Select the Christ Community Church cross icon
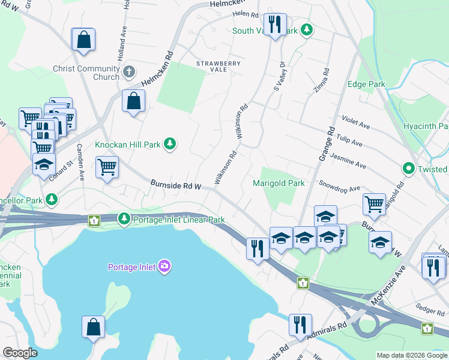coord(128,73)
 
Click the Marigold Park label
coord(279,183)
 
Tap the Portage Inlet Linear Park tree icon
coord(124,219)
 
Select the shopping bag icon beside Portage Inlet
coord(94,327)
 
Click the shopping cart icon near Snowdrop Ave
coord(374,204)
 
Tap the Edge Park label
coord(366,85)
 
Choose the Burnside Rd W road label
coord(175,185)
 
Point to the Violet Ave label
coord(355,122)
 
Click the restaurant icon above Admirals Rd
coord(300,325)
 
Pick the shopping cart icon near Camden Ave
coord(107,167)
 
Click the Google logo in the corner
coord(20,353)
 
